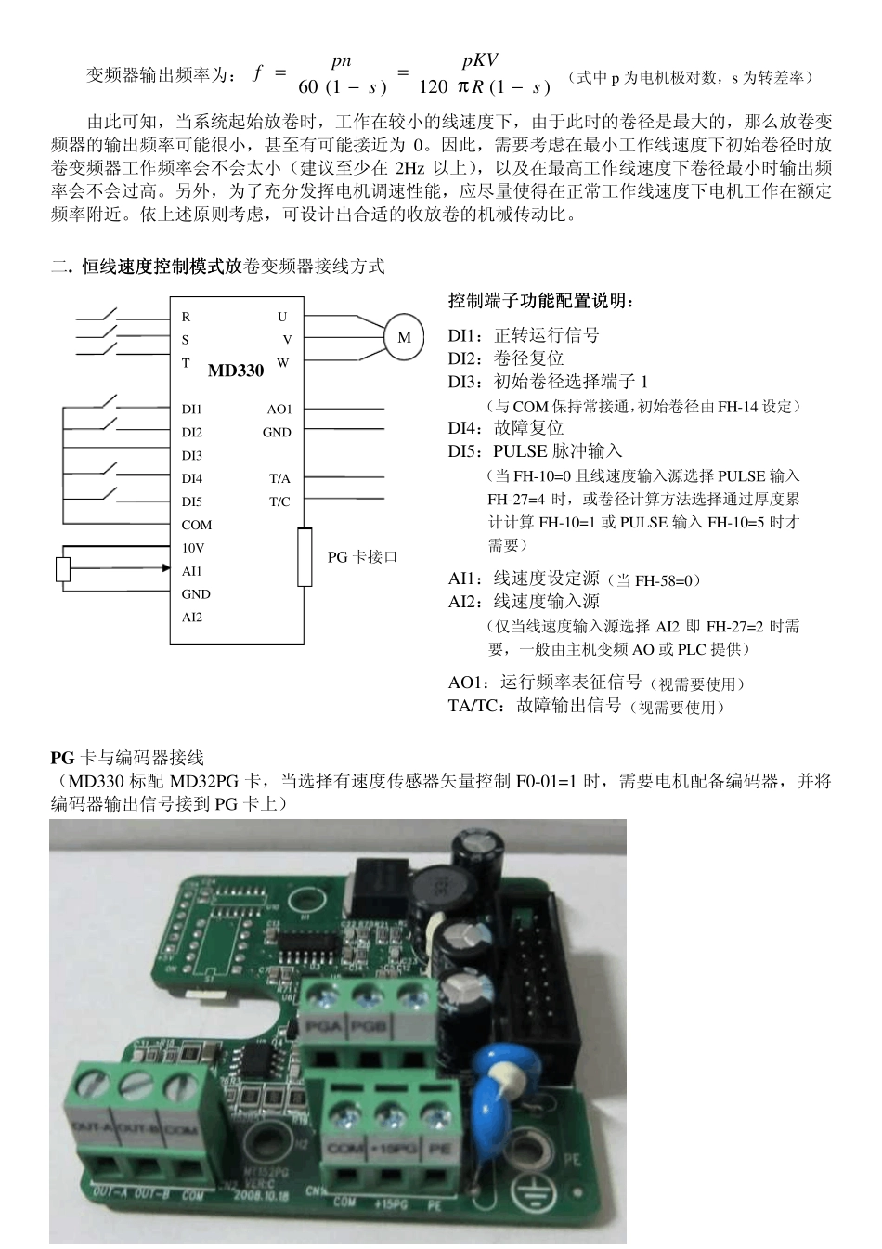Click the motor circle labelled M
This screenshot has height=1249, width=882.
404,337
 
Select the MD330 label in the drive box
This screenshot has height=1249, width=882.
236,371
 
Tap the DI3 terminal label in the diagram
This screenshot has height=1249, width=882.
192,455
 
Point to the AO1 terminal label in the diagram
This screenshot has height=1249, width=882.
279,409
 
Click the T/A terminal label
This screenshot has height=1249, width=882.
279,478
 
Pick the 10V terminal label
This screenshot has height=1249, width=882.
193,548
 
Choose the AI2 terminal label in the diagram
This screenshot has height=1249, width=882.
192,618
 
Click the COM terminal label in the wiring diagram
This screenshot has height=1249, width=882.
197,525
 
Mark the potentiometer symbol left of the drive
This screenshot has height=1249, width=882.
63,569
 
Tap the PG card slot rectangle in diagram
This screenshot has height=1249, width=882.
305,557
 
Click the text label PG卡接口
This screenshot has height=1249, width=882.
363,557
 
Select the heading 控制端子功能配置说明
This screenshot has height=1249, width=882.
542,301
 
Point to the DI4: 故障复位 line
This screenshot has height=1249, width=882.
506,428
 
